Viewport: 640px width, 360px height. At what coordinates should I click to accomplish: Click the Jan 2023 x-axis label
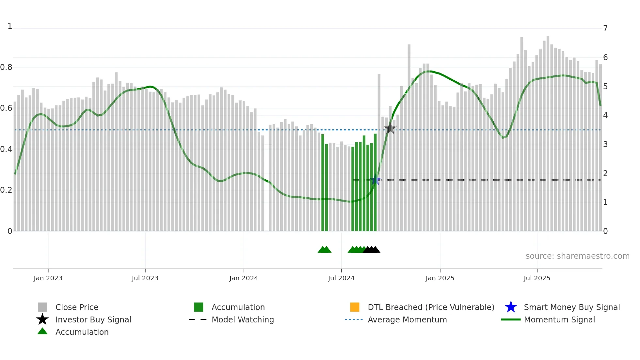(x=48, y=278)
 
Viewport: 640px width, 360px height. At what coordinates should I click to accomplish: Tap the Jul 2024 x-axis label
(x=341, y=278)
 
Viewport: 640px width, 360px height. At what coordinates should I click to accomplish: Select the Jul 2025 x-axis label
(x=537, y=278)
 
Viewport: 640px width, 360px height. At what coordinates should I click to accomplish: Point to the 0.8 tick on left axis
(x=6, y=67)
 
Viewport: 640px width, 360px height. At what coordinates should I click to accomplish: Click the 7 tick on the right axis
(x=605, y=28)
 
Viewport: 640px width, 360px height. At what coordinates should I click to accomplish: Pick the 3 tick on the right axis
(x=605, y=144)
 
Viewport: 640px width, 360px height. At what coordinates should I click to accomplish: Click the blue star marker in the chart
(x=376, y=180)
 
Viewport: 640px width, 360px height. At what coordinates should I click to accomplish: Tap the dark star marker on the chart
(x=390, y=128)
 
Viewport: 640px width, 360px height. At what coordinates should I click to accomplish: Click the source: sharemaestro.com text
(x=577, y=256)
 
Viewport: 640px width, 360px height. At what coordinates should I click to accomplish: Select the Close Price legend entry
(x=77, y=307)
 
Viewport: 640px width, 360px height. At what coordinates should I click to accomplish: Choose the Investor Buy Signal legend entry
(x=93, y=319)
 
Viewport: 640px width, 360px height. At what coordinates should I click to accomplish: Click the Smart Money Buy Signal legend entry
(x=571, y=307)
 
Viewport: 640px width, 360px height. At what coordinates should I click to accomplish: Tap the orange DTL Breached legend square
(x=355, y=307)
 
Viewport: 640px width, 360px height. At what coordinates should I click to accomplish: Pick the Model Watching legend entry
(x=243, y=319)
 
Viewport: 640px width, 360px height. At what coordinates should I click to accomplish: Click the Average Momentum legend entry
(x=407, y=319)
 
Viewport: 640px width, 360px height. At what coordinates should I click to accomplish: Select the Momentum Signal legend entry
(x=559, y=319)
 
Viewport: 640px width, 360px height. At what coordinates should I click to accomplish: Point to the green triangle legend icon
(x=42, y=331)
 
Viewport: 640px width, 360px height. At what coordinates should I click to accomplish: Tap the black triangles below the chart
(x=372, y=250)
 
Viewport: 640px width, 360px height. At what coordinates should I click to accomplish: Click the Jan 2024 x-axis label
(x=244, y=278)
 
